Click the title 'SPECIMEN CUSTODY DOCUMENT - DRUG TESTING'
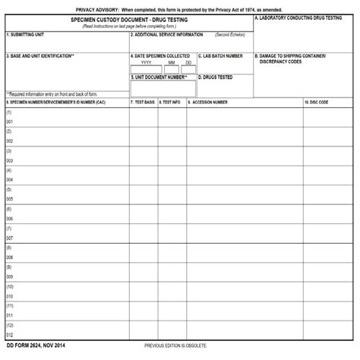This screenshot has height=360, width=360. pos(130,20)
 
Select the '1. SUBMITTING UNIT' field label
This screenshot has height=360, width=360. pos(25,35)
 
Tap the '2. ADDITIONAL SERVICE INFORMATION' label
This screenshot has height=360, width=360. pos(168,35)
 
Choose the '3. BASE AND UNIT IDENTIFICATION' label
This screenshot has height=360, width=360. pos(39,56)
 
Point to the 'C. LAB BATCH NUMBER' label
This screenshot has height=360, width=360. pos(221,56)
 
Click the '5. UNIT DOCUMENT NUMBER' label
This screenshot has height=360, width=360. pos(159,77)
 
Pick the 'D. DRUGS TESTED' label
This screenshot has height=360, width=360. pos(216,77)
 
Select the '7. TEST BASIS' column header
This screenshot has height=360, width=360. pos(143,101)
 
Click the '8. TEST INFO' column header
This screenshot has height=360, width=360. pos(170,101)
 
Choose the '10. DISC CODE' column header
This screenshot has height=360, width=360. pos(317,101)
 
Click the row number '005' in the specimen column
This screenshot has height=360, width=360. pos(10,199)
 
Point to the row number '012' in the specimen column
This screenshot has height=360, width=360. pos(10,335)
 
